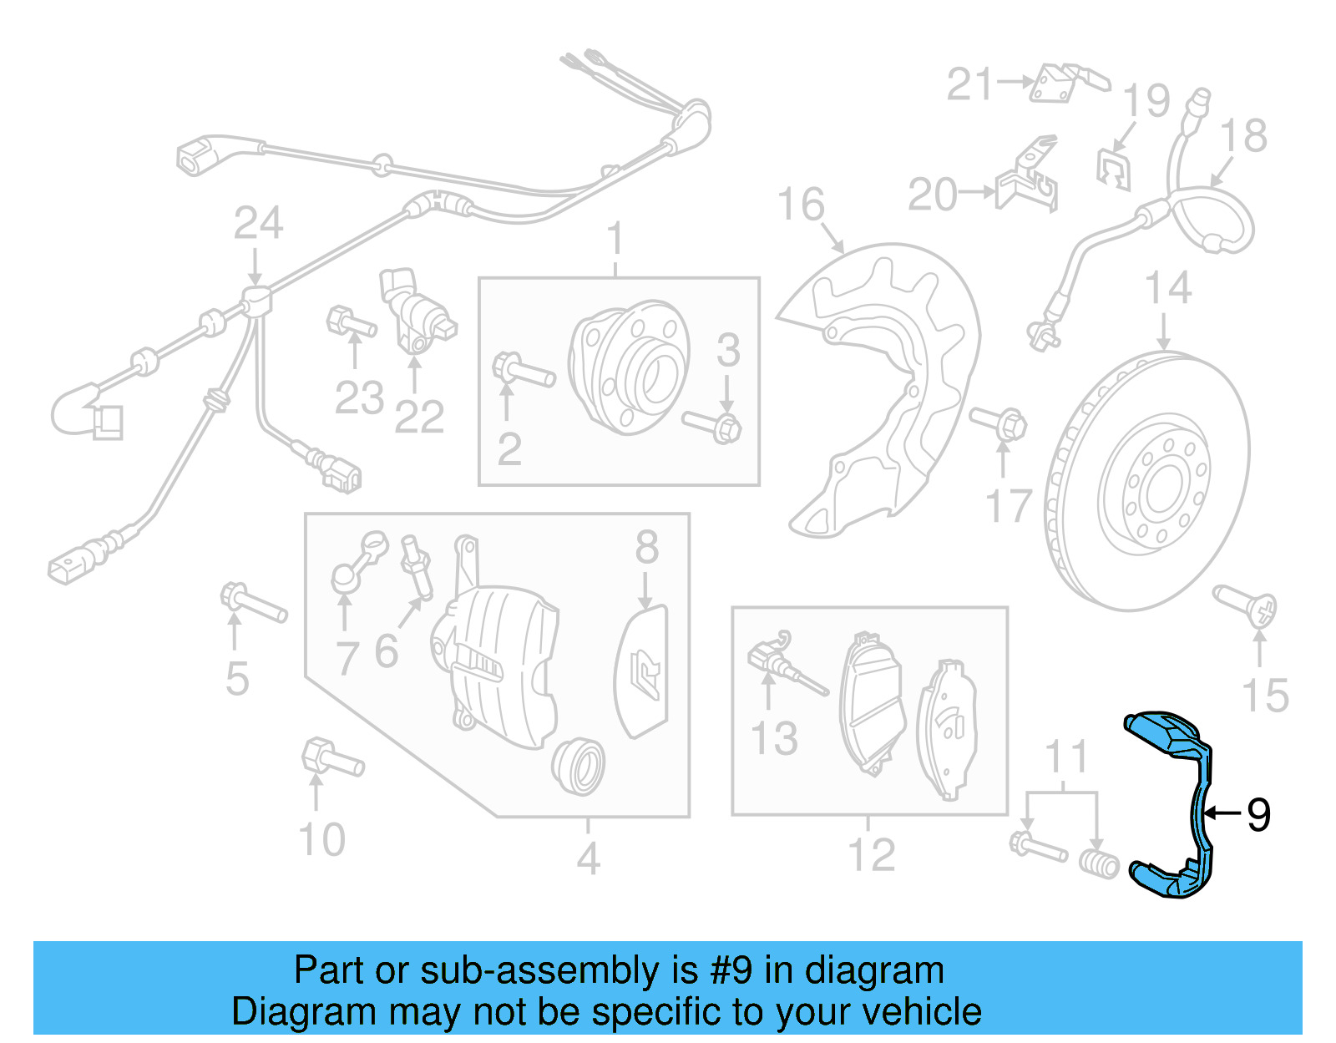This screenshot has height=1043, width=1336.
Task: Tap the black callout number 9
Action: tap(1258, 814)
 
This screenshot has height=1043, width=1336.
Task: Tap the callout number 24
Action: tap(258, 223)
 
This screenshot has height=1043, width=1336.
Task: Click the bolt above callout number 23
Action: tap(350, 323)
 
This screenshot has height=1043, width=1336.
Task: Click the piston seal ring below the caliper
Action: tap(578, 765)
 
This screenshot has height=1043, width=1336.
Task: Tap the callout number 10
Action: tap(321, 839)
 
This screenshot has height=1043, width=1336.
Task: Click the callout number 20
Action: tap(932, 195)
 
